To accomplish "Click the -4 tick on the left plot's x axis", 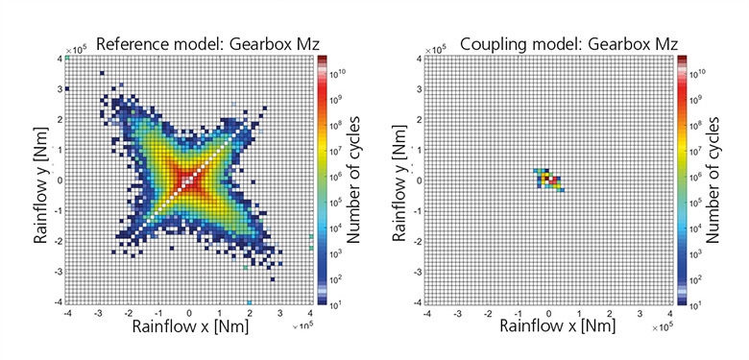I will [67, 313].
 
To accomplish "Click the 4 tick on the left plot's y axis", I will [58, 59].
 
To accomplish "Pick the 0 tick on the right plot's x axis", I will [549, 313].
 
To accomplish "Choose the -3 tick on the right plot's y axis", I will [416, 272].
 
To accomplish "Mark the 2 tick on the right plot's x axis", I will [610, 313].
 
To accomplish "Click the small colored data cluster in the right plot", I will [550, 179].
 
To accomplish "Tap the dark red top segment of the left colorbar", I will [323, 61].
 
